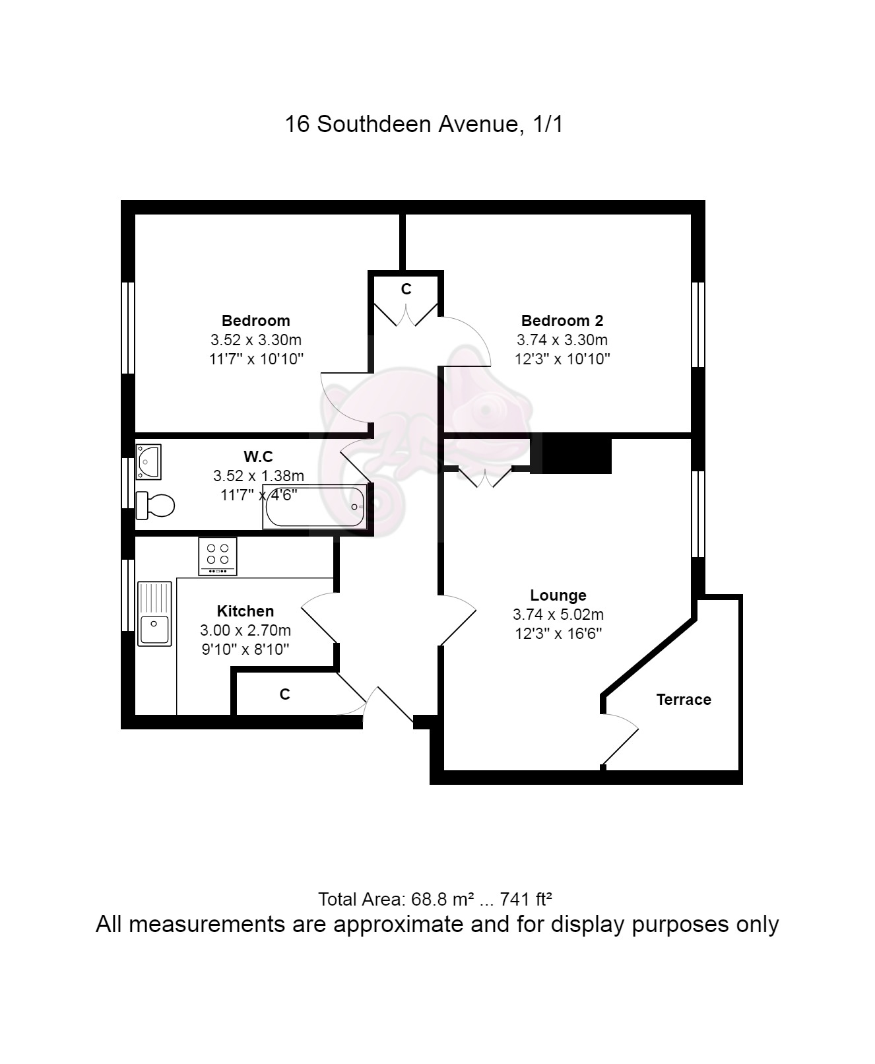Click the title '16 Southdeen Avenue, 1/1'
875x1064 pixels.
pos(424,124)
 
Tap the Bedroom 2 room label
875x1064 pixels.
pos(562,320)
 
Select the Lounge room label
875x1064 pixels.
pos(558,595)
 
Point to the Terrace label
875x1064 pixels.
pos(684,699)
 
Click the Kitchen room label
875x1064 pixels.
pos(245,611)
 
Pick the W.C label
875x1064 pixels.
pos(258,457)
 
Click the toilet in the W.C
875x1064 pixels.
pos(155,505)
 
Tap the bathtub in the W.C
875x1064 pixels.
pos(314,507)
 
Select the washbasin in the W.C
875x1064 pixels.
pos(148,461)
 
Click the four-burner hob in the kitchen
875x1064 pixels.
pos(217,556)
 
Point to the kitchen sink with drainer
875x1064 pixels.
pos(154,614)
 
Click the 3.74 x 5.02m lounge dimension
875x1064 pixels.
pos(558,615)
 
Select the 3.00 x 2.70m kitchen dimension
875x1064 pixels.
pos(245,630)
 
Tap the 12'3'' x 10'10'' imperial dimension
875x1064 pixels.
pos(562,358)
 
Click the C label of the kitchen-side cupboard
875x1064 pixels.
pos(285,694)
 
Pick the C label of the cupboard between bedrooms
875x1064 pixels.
pos(406,288)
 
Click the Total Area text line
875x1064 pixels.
pos(435,899)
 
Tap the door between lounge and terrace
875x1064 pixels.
pos(621,745)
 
